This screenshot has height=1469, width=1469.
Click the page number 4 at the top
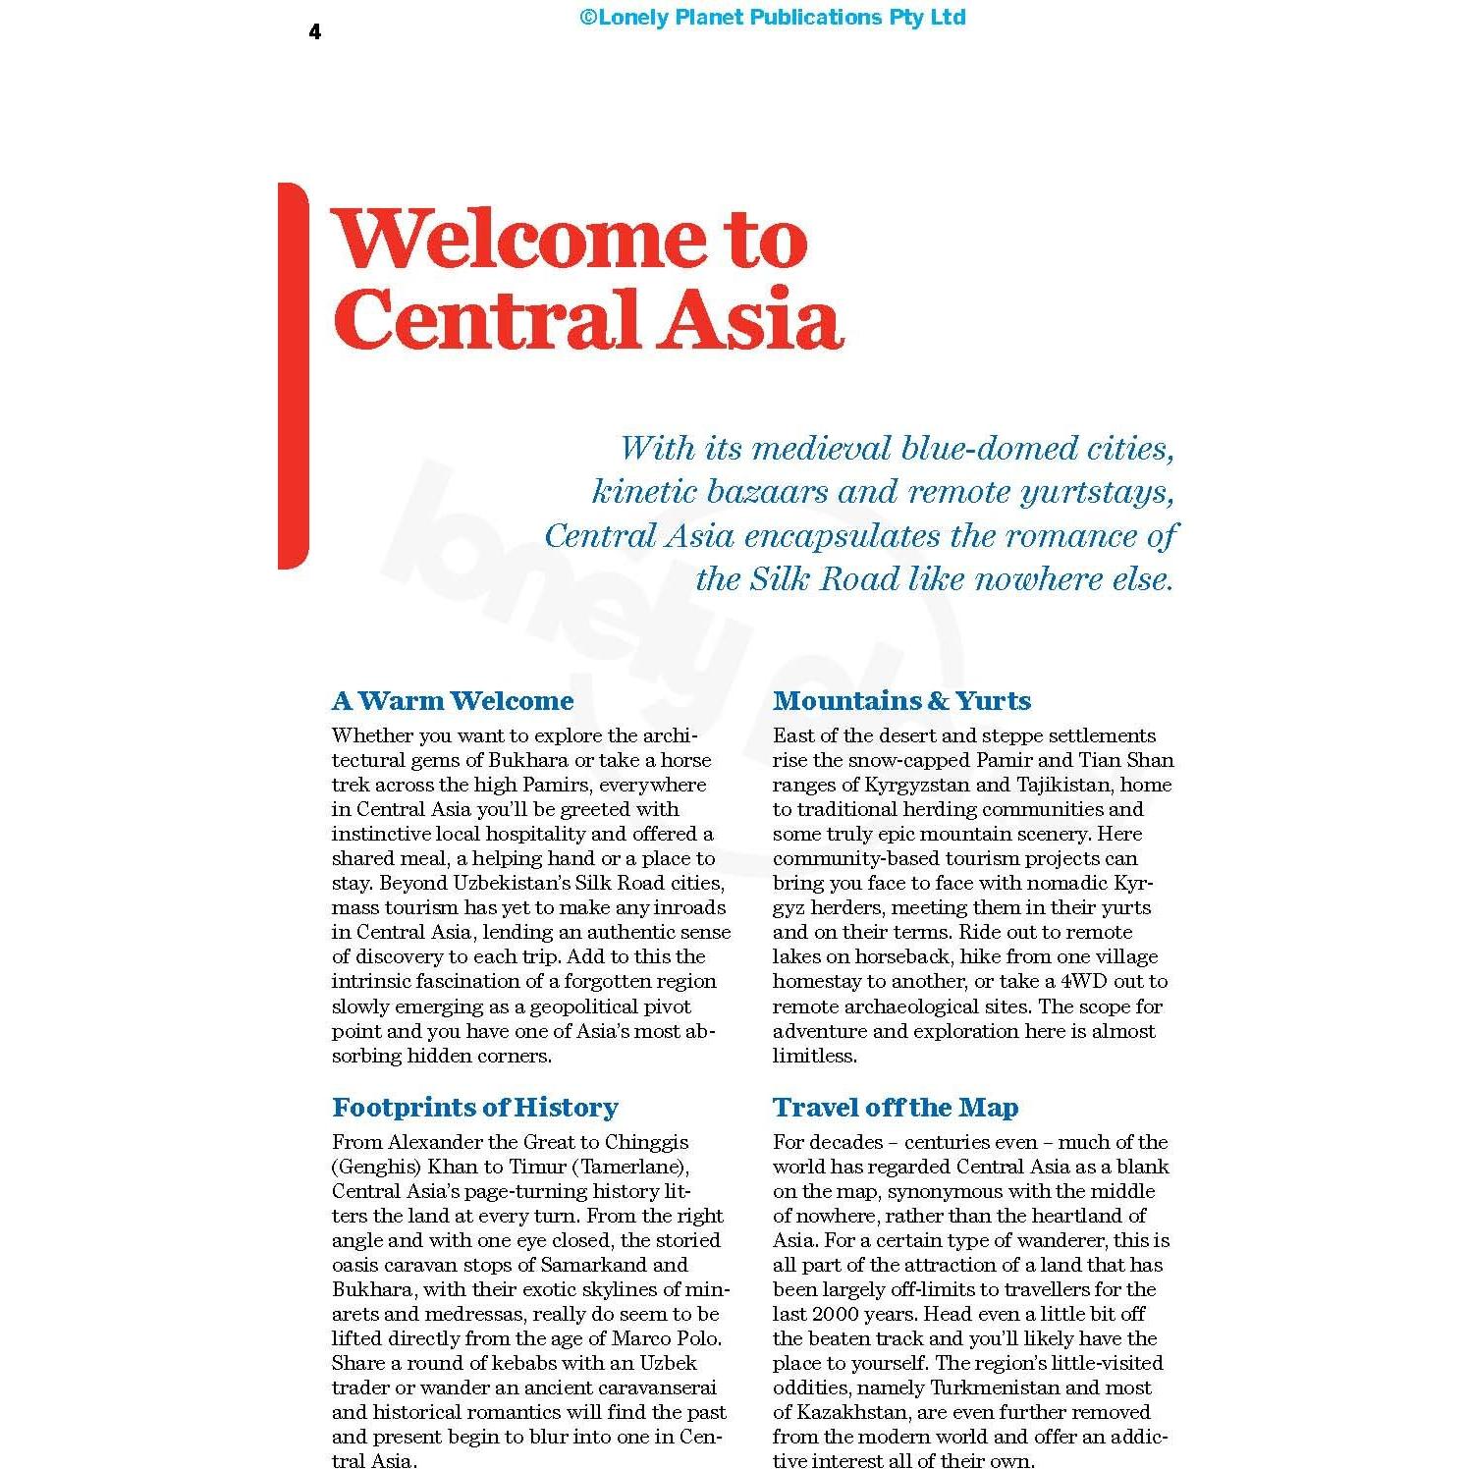(x=314, y=32)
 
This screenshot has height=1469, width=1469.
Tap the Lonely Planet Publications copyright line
(x=772, y=18)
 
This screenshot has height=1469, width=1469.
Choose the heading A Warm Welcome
(x=453, y=701)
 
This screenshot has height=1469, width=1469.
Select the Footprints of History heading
(x=475, y=1108)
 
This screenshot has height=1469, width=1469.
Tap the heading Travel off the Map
(x=896, y=1108)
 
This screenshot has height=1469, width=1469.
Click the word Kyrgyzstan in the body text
(x=917, y=785)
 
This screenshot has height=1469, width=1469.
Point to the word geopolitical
(x=611, y=1007)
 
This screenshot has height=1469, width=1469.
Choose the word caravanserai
(x=652, y=1387)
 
